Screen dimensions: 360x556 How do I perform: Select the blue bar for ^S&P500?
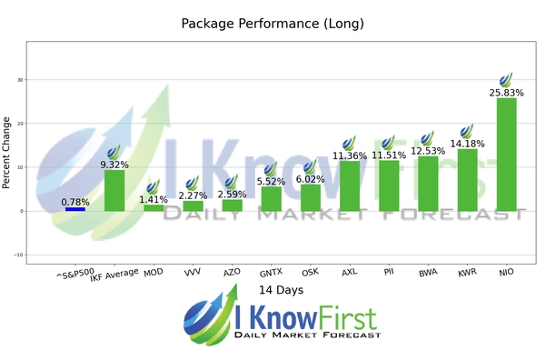(x=75, y=209)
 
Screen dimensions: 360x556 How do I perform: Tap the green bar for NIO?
(x=506, y=155)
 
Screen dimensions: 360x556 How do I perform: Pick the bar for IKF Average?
(x=114, y=191)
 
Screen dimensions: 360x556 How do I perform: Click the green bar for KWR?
(x=467, y=180)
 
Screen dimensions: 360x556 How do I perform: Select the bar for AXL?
(x=349, y=186)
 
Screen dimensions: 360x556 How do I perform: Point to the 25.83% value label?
(x=506, y=93)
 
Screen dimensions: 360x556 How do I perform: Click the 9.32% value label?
(x=114, y=165)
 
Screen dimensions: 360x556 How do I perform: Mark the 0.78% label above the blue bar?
(x=75, y=201)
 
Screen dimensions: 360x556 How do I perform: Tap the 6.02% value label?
(x=310, y=179)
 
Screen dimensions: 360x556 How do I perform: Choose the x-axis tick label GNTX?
(x=270, y=272)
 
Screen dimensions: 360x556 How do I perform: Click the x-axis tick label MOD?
(x=154, y=272)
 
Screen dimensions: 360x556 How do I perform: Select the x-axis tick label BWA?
(x=427, y=272)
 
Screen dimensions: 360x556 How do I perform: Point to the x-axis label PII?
(x=388, y=272)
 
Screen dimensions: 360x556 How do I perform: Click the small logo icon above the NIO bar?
(x=506, y=80)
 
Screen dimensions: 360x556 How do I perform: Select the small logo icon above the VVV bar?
(x=193, y=183)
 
